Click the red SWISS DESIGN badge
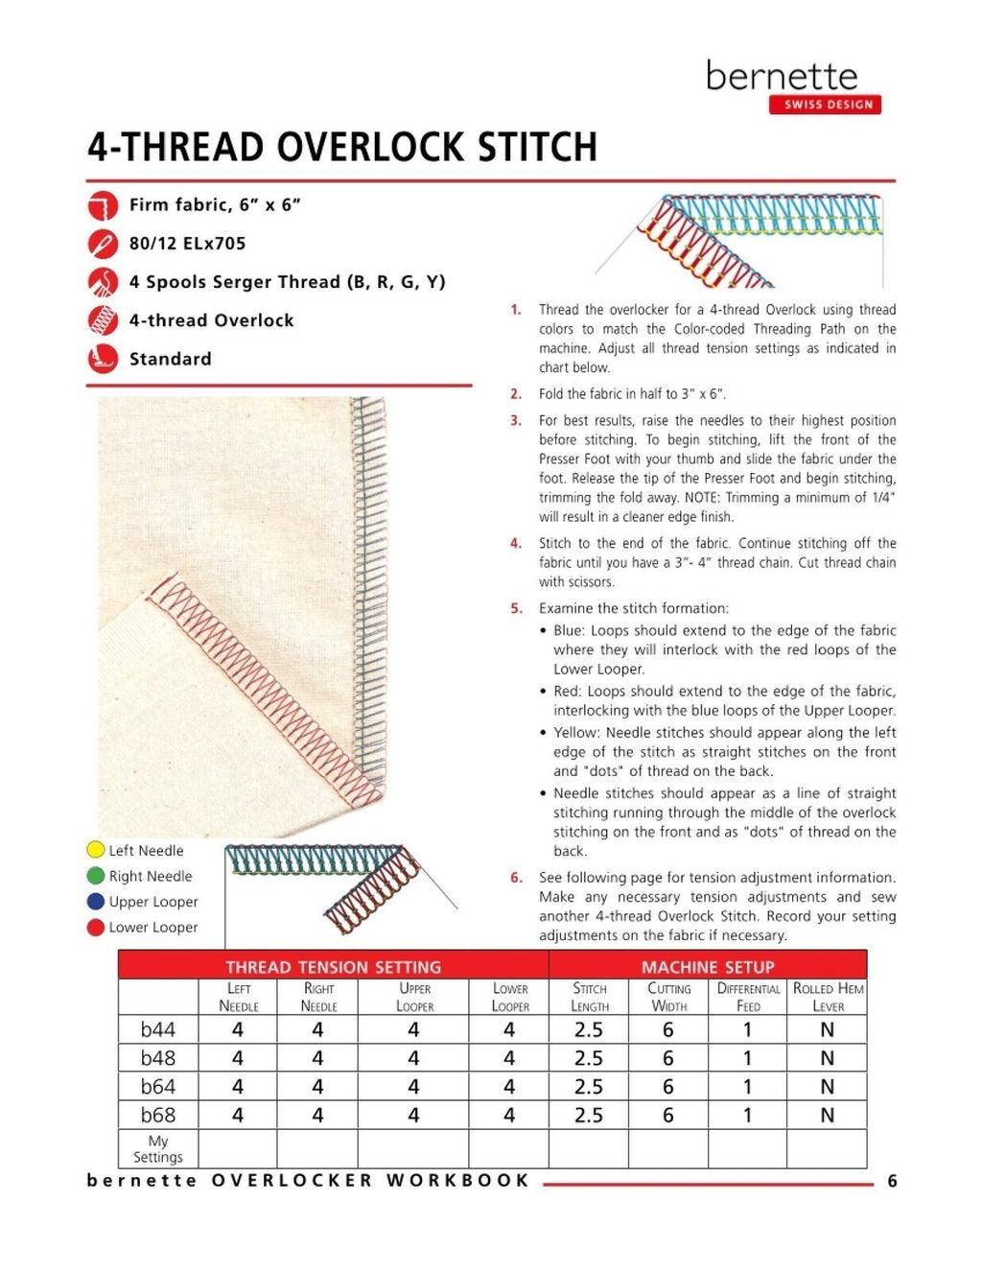[825, 105]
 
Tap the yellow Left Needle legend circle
[96, 850]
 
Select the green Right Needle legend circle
[96, 876]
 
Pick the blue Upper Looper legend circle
[96, 902]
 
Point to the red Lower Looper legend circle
[96, 928]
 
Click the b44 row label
[158, 1030]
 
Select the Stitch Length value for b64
[588, 1087]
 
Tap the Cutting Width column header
[668, 998]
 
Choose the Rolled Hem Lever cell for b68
[827, 1116]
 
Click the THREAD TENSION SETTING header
[333, 967]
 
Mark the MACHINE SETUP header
[708, 967]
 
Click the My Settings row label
[158, 1149]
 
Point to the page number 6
[892, 1182]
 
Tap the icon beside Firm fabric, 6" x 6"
[103, 206]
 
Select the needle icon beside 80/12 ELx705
[103, 245]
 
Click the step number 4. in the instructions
[516, 544]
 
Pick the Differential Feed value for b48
[747, 1058]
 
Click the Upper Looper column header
[414, 998]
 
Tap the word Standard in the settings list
[171, 360]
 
